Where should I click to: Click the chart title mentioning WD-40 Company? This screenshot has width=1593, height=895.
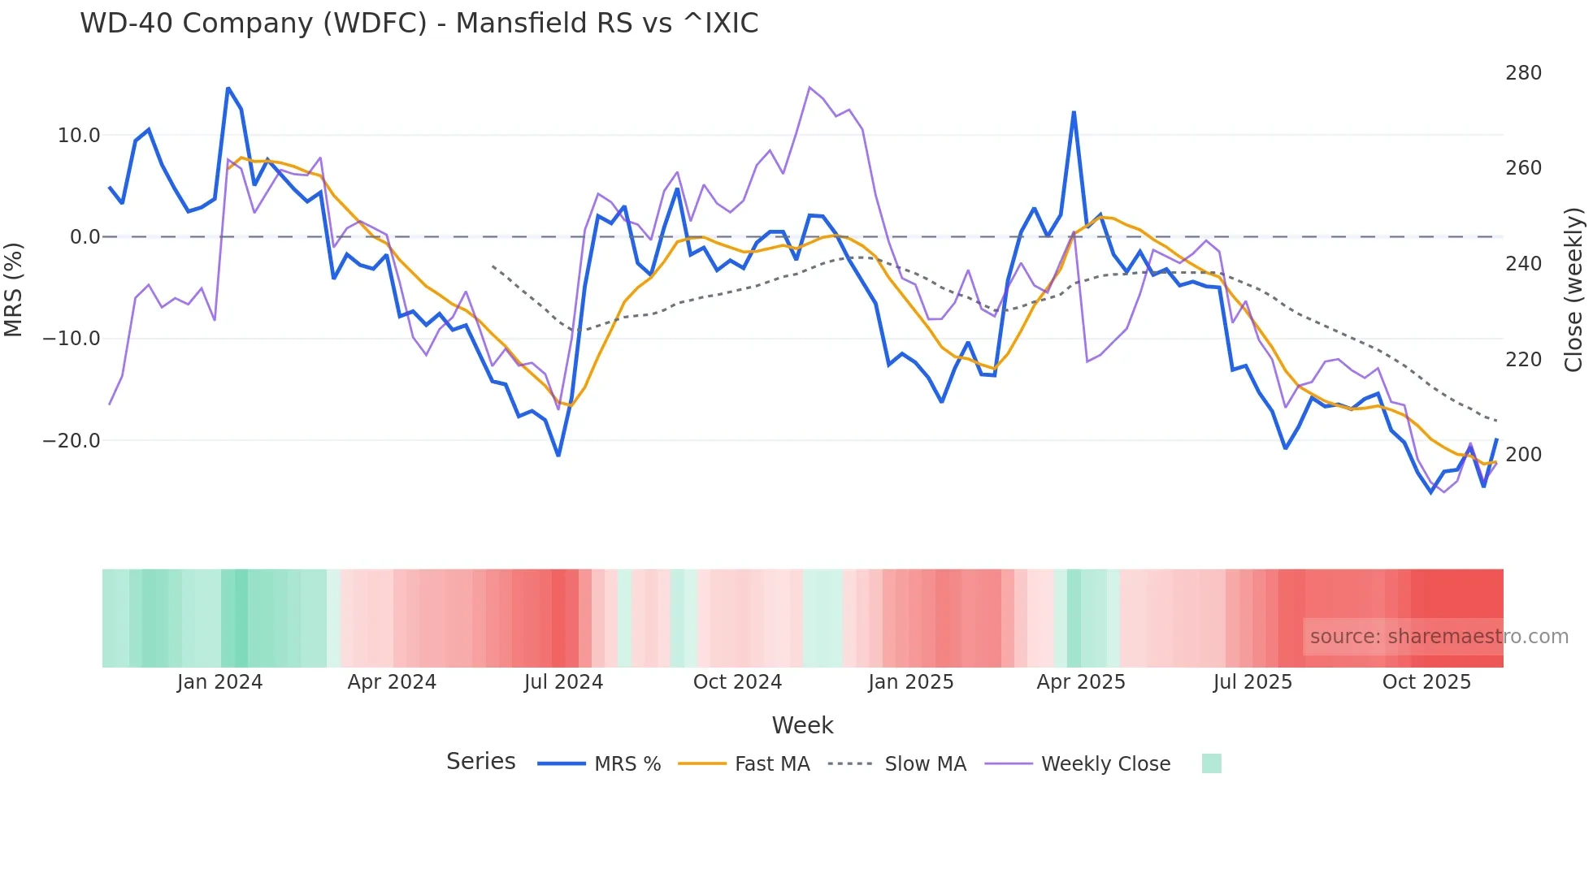click(419, 24)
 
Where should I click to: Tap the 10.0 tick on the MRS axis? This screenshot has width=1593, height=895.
click(79, 136)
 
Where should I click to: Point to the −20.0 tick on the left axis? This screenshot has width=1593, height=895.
click(72, 441)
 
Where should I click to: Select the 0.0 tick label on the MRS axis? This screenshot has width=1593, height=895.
click(85, 237)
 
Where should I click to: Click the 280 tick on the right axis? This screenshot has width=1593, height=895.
click(1523, 73)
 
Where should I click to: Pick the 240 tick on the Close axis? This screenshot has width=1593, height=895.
click(1523, 264)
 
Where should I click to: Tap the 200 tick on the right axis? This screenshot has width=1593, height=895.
click(1523, 455)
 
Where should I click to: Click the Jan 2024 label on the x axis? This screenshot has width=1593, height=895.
click(219, 682)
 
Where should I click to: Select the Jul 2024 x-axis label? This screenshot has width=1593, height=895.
click(563, 682)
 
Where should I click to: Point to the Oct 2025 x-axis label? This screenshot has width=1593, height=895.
click(1426, 682)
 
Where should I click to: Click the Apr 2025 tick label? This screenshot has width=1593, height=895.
click(1081, 682)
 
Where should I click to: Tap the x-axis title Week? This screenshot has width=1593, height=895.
click(802, 725)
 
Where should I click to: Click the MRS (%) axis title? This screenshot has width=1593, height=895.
click(14, 289)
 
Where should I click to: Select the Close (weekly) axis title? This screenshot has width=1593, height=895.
click(1573, 289)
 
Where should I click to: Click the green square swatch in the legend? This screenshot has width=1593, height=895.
click(1211, 763)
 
